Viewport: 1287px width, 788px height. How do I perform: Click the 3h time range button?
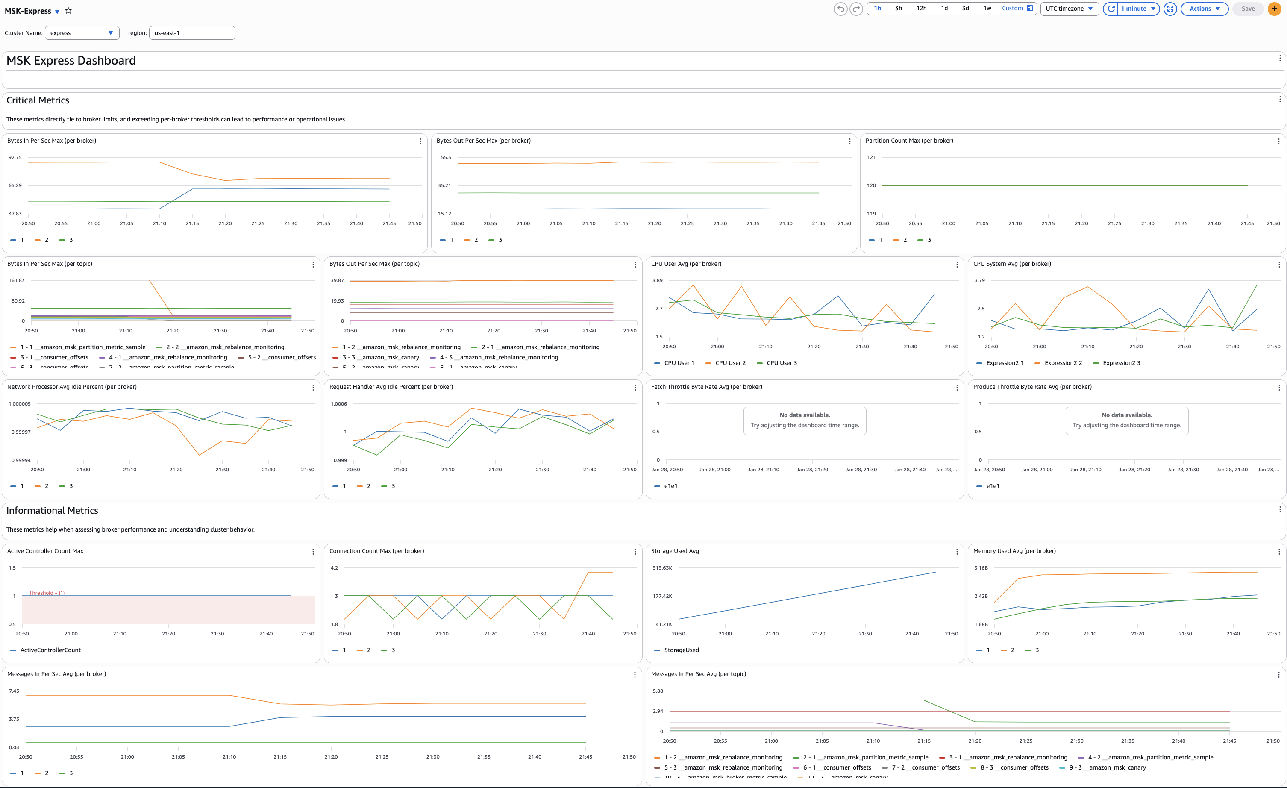[x=899, y=9]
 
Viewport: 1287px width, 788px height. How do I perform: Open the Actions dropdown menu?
[x=1204, y=9]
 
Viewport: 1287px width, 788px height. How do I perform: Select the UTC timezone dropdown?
[x=1069, y=9]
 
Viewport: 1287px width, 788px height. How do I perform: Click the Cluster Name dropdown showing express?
[x=82, y=33]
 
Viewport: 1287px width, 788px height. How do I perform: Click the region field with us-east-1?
[x=192, y=33]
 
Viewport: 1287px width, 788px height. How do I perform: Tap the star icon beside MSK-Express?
[x=68, y=10]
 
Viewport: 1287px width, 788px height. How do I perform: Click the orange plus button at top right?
[x=1275, y=9]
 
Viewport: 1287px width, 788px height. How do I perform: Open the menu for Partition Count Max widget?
[x=1278, y=141]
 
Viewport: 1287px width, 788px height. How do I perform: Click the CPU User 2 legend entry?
[x=730, y=363]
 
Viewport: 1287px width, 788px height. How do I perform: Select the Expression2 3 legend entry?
[x=1121, y=363]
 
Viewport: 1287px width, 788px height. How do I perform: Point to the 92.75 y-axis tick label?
[x=15, y=157]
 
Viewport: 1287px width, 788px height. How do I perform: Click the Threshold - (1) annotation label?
[x=47, y=593]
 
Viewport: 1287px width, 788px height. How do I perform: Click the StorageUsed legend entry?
[x=681, y=650]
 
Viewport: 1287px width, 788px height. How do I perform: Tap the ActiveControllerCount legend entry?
[x=50, y=650]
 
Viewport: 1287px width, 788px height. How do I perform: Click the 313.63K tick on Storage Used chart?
[x=662, y=567]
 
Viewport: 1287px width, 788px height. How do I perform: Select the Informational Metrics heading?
[x=52, y=511]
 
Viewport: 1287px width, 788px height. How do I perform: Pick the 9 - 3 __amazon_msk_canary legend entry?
[x=1107, y=767]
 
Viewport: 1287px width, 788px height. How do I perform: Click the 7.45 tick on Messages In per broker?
[x=14, y=691]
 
